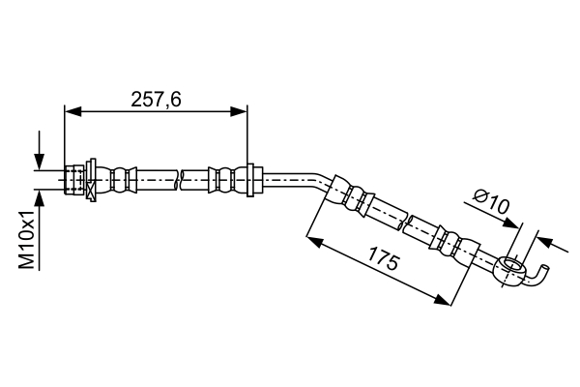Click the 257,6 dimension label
coord(157,100)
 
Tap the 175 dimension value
coord(384,262)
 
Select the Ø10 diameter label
coord(492,202)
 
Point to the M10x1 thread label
coord(27,239)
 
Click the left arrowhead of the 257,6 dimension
coord(72,111)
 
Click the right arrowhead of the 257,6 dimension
coord(239,111)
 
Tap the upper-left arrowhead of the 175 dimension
coord(314,241)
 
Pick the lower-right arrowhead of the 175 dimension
coord(443,299)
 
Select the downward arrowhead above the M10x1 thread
coord(39,162)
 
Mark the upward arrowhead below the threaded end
coord(39,198)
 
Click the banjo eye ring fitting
coord(512,269)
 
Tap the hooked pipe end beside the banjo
coord(538,275)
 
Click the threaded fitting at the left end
coord(74,180)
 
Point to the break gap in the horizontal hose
coord(180,180)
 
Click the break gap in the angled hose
coord(405,223)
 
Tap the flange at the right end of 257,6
coord(250,180)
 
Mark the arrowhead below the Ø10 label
coord(512,223)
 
